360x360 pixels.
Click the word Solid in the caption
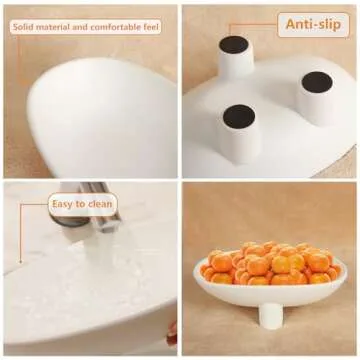(24, 27)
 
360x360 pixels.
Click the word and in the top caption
(86, 27)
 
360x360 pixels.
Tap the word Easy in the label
(65, 205)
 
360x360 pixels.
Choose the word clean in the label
(100, 205)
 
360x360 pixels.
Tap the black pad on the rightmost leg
(318, 83)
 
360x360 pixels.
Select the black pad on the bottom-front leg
(239, 116)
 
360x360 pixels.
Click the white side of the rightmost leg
(318, 108)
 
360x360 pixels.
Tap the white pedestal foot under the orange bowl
(270, 314)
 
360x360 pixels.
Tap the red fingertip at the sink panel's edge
(172, 330)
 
